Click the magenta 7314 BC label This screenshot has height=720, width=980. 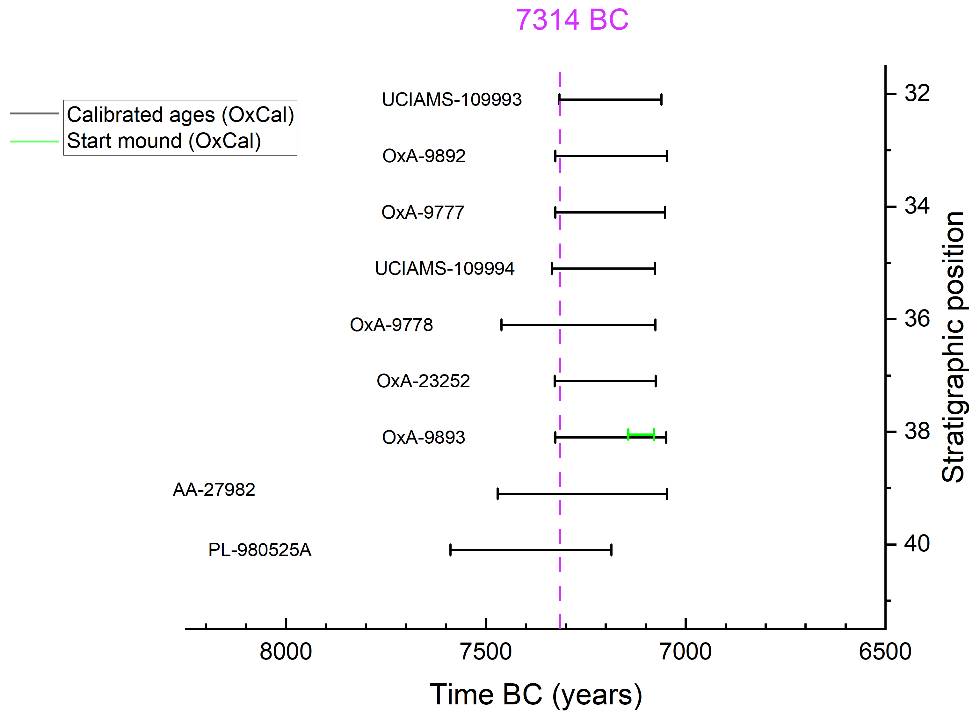[x=572, y=20]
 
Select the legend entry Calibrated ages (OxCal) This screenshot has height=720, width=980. [x=180, y=115]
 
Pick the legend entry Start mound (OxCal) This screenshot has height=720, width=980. [x=164, y=141]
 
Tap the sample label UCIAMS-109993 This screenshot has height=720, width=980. [x=451, y=100]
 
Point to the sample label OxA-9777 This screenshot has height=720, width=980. [x=423, y=213]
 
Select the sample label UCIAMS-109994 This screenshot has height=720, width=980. [x=445, y=268]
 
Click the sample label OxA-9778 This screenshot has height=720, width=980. [x=391, y=325]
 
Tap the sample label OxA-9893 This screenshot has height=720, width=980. [x=424, y=437]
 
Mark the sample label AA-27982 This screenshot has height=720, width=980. [x=214, y=490]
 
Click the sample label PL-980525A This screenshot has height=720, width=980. [x=260, y=550]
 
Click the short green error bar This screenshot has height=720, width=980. [x=641, y=434]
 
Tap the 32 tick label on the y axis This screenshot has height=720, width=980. [x=917, y=93]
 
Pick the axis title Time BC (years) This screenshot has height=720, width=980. [x=536, y=695]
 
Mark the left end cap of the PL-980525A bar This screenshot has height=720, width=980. [x=451, y=550]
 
